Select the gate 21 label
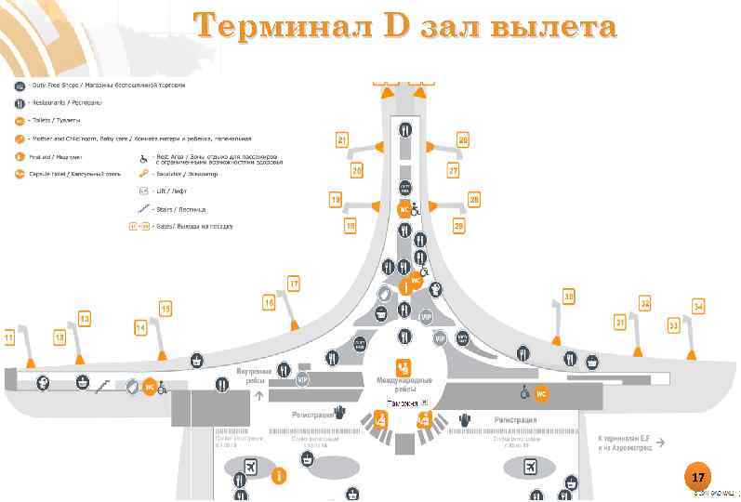(x=342, y=140)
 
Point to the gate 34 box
(x=698, y=306)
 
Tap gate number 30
(x=568, y=297)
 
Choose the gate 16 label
(x=269, y=302)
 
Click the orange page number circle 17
(x=698, y=477)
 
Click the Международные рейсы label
(x=403, y=384)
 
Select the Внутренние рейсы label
(x=259, y=376)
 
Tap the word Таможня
(x=404, y=403)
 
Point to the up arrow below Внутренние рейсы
(x=258, y=395)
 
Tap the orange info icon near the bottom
(x=278, y=475)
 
